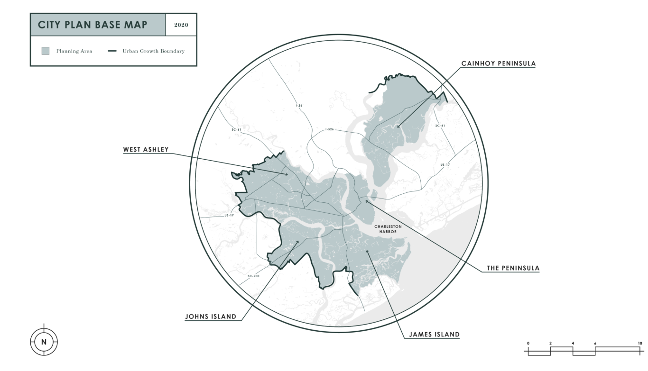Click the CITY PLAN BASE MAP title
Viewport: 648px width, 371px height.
coord(93,25)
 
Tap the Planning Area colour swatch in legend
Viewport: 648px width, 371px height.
coord(46,51)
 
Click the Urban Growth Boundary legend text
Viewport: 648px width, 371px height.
coord(153,51)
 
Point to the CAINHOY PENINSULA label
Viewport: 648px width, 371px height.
coord(499,63)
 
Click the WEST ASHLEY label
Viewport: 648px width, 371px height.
coord(146,150)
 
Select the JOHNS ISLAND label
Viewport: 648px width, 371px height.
coord(211,317)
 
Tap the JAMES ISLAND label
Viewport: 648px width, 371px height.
coord(434,334)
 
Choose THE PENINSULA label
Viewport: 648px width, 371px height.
coord(513,268)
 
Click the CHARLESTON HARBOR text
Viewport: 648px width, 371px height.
coord(388,229)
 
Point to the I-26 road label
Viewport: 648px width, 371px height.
coord(299,106)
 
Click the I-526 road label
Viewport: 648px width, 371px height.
coord(330,129)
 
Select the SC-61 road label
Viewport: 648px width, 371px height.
coord(237,129)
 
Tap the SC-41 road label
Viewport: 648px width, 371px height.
coord(440,126)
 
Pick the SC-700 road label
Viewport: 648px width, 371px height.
coord(253,276)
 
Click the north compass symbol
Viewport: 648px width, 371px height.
coord(44,341)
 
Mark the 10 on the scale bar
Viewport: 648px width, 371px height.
coord(639,343)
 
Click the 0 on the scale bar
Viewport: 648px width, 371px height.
coord(528,343)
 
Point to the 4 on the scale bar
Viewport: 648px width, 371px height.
coord(573,343)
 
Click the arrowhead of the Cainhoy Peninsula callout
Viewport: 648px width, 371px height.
coord(398,127)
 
